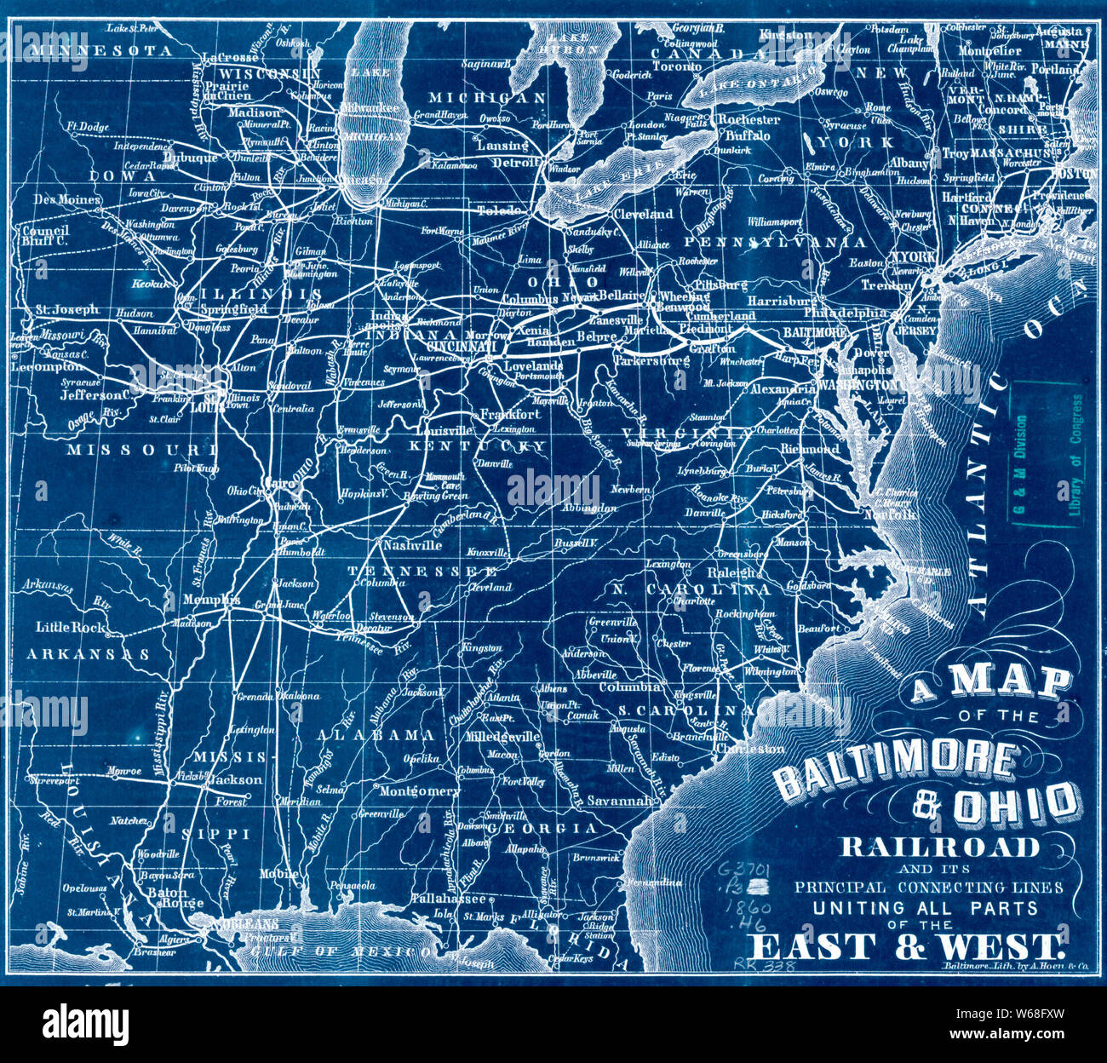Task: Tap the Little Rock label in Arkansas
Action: [72, 627]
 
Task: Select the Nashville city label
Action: [412, 545]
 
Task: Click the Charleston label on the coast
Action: [749, 749]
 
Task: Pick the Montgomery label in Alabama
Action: [419, 791]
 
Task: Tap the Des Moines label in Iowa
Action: [67, 200]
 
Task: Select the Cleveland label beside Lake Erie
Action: [643, 215]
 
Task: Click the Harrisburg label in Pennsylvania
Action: [783, 301]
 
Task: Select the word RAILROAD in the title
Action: [940, 847]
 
